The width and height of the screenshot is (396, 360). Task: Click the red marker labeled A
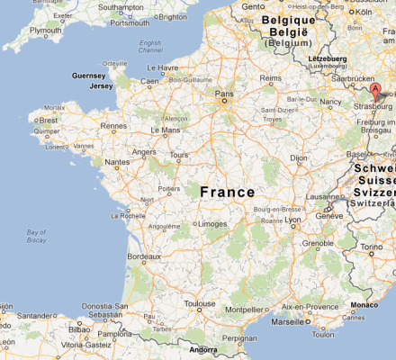pyautogui.click(x=376, y=92)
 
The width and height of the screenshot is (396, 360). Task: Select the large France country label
pyautogui.click(x=227, y=192)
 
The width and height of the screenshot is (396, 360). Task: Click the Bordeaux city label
pyautogui.click(x=143, y=256)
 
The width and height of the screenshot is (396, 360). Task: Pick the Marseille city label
pyautogui.click(x=288, y=321)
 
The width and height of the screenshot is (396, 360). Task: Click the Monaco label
pyautogui.click(x=364, y=305)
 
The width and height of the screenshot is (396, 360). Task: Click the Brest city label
pyautogui.click(x=50, y=119)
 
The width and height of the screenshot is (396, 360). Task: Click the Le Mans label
pyautogui.click(x=166, y=130)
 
